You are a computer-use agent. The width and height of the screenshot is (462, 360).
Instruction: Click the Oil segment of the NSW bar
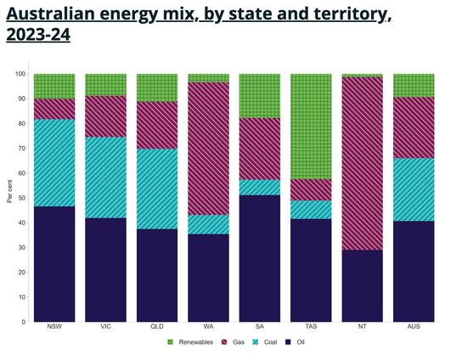pyautogui.click(x=54, y=264)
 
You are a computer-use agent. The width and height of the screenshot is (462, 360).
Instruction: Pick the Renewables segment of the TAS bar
pyautogui.click(x=311, y=127)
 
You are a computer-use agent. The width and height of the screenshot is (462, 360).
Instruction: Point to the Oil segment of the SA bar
pyautogui.click(x=259, y=258)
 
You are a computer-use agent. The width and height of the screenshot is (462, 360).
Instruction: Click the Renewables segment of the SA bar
pyautogui.click(x=259, y=96)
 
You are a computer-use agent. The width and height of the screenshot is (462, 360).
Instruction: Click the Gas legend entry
pyautogui.click(x=234, y=341)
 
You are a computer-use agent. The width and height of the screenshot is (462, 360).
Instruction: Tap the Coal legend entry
pyautogui.click(x=265, y=341)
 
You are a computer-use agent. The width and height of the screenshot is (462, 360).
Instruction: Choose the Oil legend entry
pyautogui.click(x=294, y=341)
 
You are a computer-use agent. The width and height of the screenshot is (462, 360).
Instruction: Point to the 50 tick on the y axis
pyautogui.click(x=21, y=198)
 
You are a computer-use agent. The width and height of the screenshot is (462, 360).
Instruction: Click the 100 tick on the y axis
pyautogui.click(x=20, y=74)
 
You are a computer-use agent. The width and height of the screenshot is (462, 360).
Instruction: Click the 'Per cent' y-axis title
pyautogui.click(x=9, y=193)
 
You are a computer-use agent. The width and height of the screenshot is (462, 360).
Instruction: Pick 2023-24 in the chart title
pyautogui.click(x=38, y=35)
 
